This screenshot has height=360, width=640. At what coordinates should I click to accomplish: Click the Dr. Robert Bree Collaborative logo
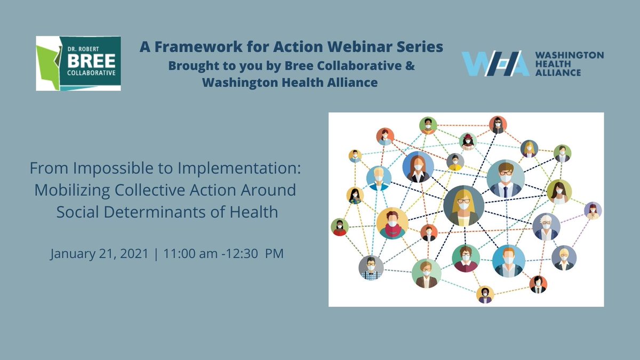[x=78, y=63]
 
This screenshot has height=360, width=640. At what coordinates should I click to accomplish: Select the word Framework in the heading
[x=194, y=47]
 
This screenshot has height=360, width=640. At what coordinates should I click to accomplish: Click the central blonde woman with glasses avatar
[x=463, y=205]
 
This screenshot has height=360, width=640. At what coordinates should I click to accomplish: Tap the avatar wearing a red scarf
[x=392, y=223]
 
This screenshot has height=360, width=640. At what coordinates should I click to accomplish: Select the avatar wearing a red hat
[x=468, y=141]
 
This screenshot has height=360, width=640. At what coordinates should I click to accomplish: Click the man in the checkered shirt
[x=371, y=268]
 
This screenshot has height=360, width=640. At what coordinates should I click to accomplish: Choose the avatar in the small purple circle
[x=593, y=211]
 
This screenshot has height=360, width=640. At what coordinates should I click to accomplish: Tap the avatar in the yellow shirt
[x=455, y=161]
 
